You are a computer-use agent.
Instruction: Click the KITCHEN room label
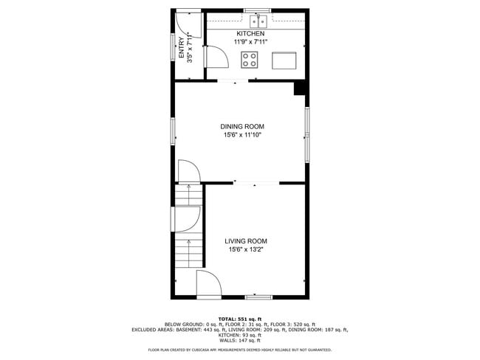(x=250, y=34)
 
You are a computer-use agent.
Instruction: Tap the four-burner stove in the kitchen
(x=252, y=60)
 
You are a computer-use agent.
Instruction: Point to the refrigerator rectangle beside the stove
(x=284, y=60)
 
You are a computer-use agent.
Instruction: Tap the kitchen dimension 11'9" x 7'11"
(x=250, y=43)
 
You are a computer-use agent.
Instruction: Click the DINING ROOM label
(x=242, y=126)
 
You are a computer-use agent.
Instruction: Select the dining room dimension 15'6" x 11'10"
(x=242, y=135)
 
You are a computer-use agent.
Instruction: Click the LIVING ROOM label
(x=246, y=241)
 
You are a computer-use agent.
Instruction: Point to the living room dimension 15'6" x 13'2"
(x=246, y=250)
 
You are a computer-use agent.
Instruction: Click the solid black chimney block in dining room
(x=300, y=88)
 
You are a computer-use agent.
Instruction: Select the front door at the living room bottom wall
(x=207, y=284)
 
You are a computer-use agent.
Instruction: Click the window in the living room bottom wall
(x=257, y=297)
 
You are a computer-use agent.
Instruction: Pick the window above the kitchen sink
(x=257, y=10)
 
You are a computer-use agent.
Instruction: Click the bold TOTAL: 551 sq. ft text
(x=239, y=318)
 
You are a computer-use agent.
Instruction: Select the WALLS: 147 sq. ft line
(x=239, y=340)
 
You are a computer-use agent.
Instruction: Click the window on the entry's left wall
(x=173, y=47)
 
